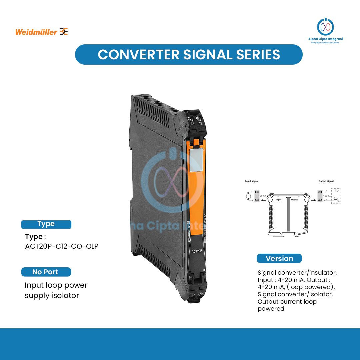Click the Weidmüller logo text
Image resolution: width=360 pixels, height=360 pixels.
[36, 32]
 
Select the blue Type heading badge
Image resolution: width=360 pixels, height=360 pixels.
[46, 224]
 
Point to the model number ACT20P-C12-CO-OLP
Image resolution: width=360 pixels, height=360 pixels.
[62, 247]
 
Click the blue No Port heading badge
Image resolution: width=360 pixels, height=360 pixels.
[46, 272]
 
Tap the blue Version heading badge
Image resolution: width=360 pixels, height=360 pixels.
[279, 258]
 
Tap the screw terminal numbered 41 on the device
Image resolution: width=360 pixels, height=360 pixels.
[191, 118]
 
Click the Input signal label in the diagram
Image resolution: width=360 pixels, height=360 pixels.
[252, 181]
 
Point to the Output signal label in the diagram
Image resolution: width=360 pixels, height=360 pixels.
[326, 181]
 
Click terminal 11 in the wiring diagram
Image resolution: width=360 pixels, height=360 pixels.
[256, 192]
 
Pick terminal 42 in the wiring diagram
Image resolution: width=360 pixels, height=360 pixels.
[320, 200]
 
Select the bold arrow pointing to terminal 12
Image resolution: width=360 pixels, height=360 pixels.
[263, 200]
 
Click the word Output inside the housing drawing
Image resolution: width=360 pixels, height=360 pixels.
[294, 200]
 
